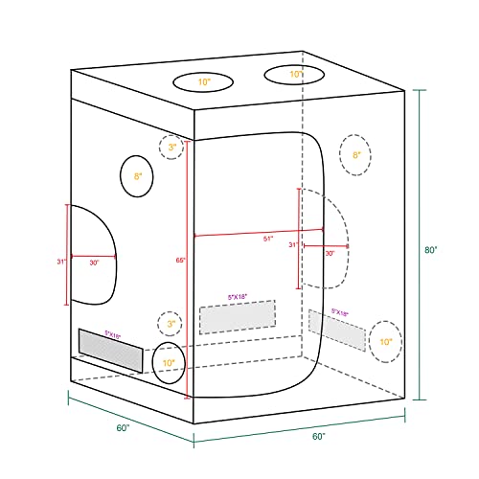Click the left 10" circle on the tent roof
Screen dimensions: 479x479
(205, 82)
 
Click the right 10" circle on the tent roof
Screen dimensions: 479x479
(296, 74)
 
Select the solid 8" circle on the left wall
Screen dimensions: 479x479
(138, 176)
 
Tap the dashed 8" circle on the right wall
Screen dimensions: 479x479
(356, 154)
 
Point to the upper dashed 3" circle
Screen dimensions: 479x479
(171, 148)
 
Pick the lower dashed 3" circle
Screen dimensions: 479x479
(171, 324)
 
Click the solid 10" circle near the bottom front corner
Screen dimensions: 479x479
(168, 363)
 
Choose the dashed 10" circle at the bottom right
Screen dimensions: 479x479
(385, 341)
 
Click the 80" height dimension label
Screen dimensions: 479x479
(431, 252)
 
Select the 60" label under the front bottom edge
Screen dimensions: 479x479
(317, 437)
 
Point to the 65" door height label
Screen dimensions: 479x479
(182, 260)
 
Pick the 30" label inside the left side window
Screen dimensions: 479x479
(94, 262)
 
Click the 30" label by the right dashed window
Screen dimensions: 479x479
(330, 254)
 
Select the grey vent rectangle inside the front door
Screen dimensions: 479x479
(237, 317)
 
